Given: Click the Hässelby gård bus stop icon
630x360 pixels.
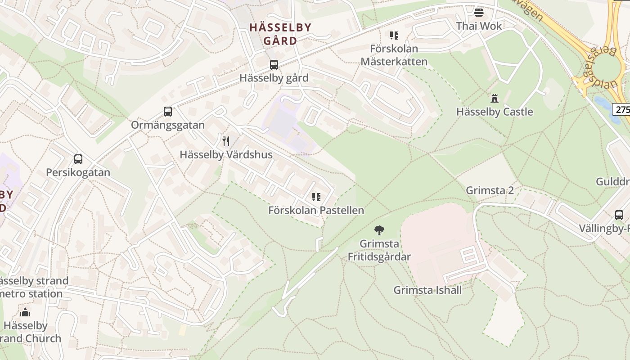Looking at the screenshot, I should pyautogui.click(x=274, y=65).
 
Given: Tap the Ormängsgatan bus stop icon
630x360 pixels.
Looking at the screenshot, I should pyautogui.click(x=168, y=112).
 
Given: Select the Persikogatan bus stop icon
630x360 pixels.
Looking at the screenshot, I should pyautogui.click(x=78, y=159).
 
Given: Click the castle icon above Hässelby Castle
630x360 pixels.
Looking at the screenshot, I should pyautogui.click(x=495, y=98).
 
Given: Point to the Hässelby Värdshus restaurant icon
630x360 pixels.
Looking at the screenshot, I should pyautogui.click(x=226, y=141).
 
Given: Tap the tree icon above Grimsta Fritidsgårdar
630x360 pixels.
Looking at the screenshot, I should pyautogui.click(x=379, y=230).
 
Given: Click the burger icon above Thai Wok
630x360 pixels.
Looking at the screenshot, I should pyautogui.click(x=478, y=12).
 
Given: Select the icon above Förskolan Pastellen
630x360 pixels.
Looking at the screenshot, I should pyautogui.click(x=316, y=197).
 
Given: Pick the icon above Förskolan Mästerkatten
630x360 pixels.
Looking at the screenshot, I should pyautogui.click(x=394, y=35).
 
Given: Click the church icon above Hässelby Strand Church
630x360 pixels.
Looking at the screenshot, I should pyautogui.click(x=25, y=312).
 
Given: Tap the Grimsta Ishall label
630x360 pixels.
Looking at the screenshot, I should pyautogui.click(x=427, y=290).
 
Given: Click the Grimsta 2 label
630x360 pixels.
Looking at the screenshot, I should pyautogui.click(x=490, y=190).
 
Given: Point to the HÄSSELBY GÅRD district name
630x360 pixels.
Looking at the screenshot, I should pyautogui.click(x=280, y=34).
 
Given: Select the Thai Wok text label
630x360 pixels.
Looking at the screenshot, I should pyautogui.click(x=479, y=26).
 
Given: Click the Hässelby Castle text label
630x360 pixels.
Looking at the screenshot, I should pyautogui.click(x=495, y=112).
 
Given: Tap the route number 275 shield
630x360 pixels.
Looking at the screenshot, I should pyautogui.click(x=622, y=109).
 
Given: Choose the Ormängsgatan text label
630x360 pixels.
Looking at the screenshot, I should pyautogui.click(x=168, y=125).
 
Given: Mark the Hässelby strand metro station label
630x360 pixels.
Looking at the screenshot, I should pyautogui.click(x=32, y=287).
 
